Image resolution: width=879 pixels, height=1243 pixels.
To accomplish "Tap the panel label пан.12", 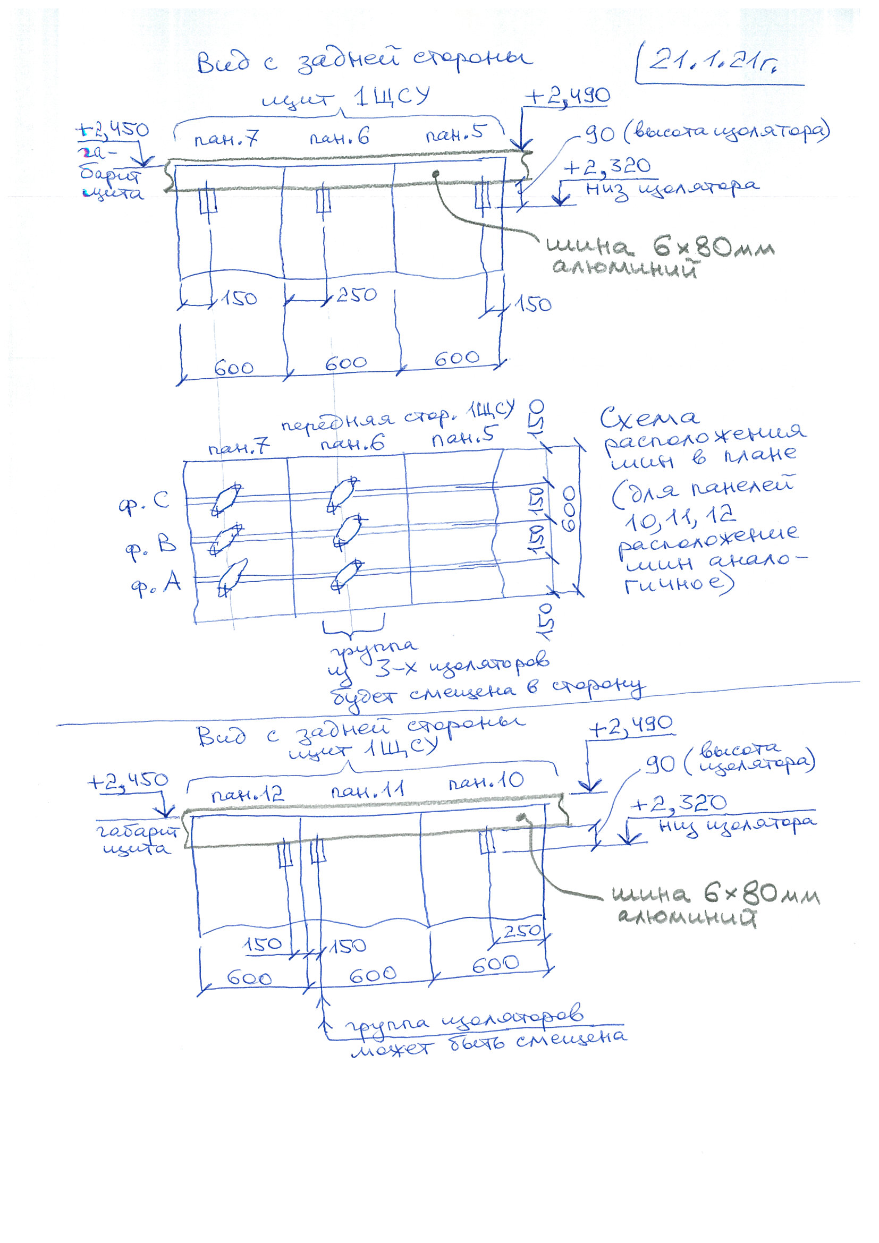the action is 247,795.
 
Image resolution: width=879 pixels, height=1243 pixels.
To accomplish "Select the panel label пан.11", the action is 368,791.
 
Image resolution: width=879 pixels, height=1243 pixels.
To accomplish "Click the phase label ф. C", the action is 144,502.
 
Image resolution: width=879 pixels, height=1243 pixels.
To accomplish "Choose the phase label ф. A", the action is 155,584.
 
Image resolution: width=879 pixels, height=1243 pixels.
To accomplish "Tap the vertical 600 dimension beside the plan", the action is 569,509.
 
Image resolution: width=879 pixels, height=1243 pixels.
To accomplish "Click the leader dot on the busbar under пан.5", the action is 435,173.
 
